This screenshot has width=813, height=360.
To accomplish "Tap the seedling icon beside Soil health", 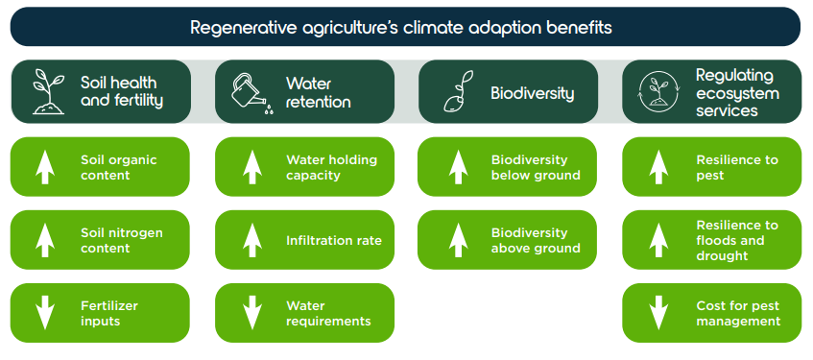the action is click(x=49, y=92).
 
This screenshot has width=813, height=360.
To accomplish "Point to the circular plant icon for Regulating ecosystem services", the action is click(x=658, y=92).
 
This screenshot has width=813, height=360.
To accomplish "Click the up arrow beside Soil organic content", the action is click(x=45, y=167).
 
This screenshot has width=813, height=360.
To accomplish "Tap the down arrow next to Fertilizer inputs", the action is click(x=45, y=313).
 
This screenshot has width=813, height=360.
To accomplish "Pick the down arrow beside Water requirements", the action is click(x=252, y=313).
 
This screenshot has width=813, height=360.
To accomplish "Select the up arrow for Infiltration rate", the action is click(x=252, y=240).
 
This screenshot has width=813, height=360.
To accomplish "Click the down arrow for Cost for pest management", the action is click(x=658, y=313).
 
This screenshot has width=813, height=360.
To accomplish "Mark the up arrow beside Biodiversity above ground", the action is click(x=458, y=240).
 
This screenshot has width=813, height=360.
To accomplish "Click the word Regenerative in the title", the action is click(x=242, y=28).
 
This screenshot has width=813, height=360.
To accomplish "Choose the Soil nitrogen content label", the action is click(x=121, y=240).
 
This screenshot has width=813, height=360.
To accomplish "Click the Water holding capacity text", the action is click(x=331, y=167).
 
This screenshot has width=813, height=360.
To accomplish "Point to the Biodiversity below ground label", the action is click(x=536, y=167).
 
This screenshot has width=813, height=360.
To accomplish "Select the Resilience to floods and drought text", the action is click(x=737, y=240).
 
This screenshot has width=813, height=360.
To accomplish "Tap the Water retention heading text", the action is click(x=318, y=92).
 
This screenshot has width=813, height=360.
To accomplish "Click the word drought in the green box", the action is click(x=722, y=255).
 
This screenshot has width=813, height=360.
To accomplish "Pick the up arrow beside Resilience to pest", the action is click(x=658, y=167).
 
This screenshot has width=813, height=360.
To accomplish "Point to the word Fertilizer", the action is click(x=108, y=305).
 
